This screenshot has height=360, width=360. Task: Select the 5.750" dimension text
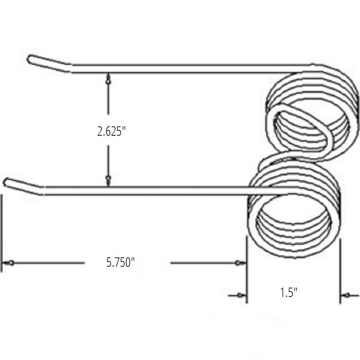pos(120,263)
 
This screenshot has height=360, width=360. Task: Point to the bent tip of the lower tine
pos(8,182)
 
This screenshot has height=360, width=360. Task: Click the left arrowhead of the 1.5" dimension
pos(239,296)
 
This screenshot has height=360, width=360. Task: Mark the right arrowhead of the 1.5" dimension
pos(347,296)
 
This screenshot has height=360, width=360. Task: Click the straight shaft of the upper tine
pos(187,69)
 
